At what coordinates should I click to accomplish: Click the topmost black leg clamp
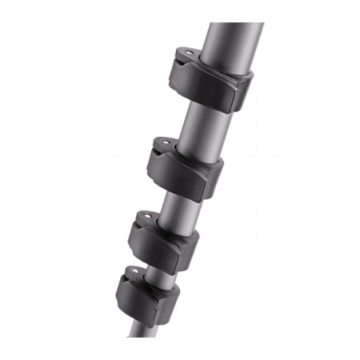coord(210,80)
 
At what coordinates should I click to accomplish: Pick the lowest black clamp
coord(145,295)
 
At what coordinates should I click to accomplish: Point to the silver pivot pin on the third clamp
coord(147,217)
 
